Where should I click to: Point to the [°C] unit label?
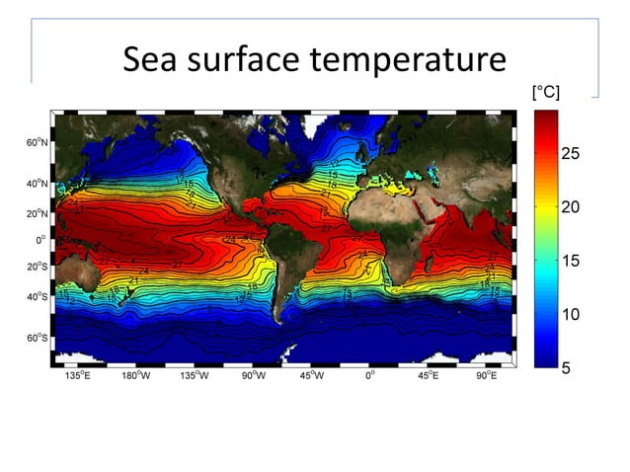pyautogui.click(x=546, y=93)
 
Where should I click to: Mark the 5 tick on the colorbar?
pyautogui.click(x=567, y=368)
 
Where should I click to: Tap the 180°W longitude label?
pyautogui.click(x=134, y=376)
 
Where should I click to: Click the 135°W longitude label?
pyautogui.click(x=197, y=376)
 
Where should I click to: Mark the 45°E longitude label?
pyautogui.click(x=429, y=376)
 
